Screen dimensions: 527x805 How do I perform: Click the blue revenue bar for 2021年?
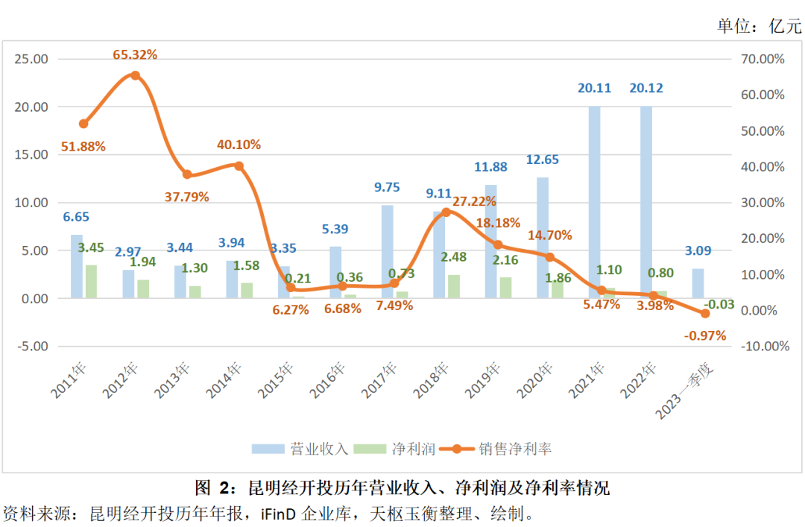coord(594,201)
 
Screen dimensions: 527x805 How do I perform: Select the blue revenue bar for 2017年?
coord(388,251)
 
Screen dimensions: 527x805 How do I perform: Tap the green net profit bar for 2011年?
coord(91,282)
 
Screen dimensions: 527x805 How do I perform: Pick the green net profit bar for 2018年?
coord(453,286)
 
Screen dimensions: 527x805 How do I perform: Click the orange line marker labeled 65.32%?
coord(135,75)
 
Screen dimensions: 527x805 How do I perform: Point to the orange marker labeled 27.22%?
coord(446,212)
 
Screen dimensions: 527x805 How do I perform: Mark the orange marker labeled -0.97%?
coord(704,314)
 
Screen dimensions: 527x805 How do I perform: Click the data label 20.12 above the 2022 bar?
coord(645,88)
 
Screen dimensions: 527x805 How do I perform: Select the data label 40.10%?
coord(239,145)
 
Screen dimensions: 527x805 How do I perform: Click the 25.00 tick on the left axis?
coord(31,59)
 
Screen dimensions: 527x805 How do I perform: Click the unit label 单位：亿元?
coord(760,26)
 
